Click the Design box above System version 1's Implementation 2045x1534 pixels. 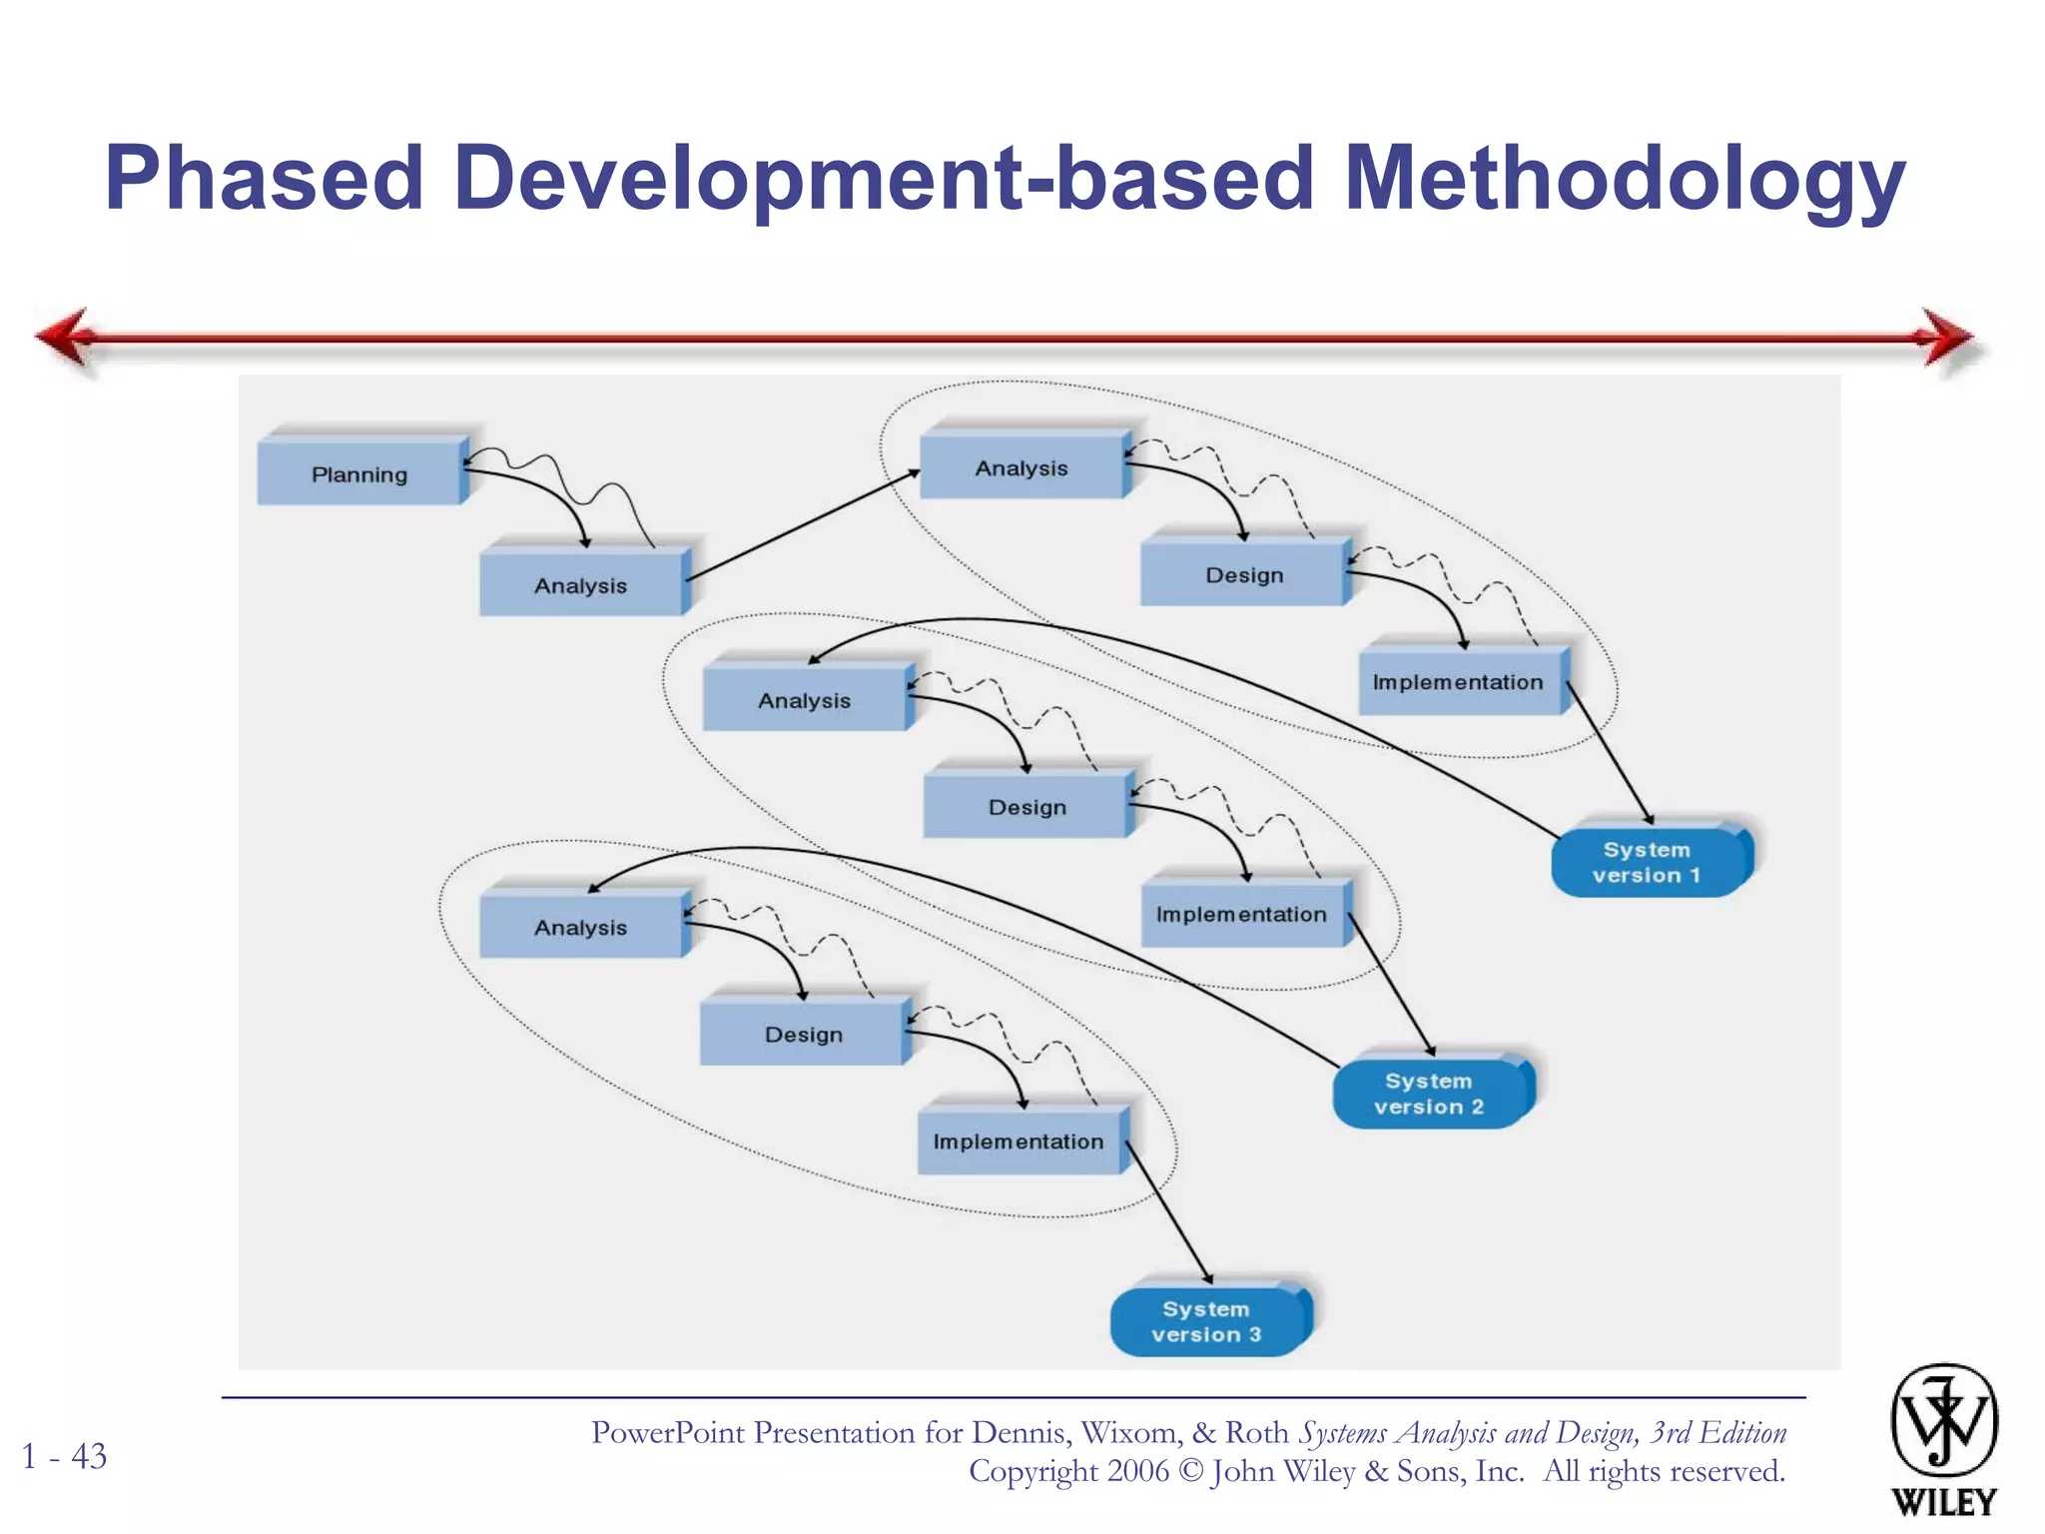coord(1243,574)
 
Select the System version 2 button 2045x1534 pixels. coord(1429,1094)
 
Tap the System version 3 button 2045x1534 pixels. coord(1206,1321)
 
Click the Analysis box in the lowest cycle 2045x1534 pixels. coord(581,927)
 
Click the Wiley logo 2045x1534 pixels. coord(1943,1438)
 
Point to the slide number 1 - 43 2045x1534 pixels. coord(65,1456)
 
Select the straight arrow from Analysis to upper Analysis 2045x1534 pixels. coord(803,524)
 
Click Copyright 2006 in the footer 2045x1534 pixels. coord(1068,1471)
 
